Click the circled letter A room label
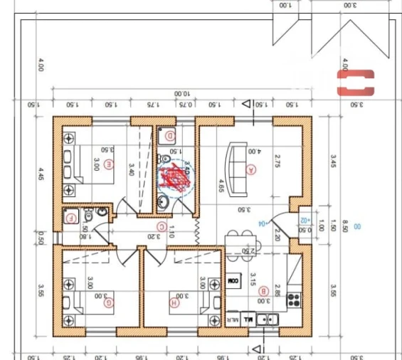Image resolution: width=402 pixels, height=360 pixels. (250, 169)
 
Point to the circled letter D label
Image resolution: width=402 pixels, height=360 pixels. (170, 134)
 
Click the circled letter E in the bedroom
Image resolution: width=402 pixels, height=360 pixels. (109, 164)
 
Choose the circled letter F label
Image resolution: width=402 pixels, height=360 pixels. (70, 218)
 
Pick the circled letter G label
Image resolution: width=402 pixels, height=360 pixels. (109, 302)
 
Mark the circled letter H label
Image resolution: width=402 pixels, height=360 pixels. (174, 302)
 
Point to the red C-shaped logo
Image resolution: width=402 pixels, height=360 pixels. (355, 81)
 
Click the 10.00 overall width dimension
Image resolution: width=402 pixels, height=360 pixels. (182, 94)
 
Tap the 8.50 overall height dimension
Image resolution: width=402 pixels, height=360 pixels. (344, 226)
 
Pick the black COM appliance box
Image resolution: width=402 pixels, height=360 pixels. (233, 282)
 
